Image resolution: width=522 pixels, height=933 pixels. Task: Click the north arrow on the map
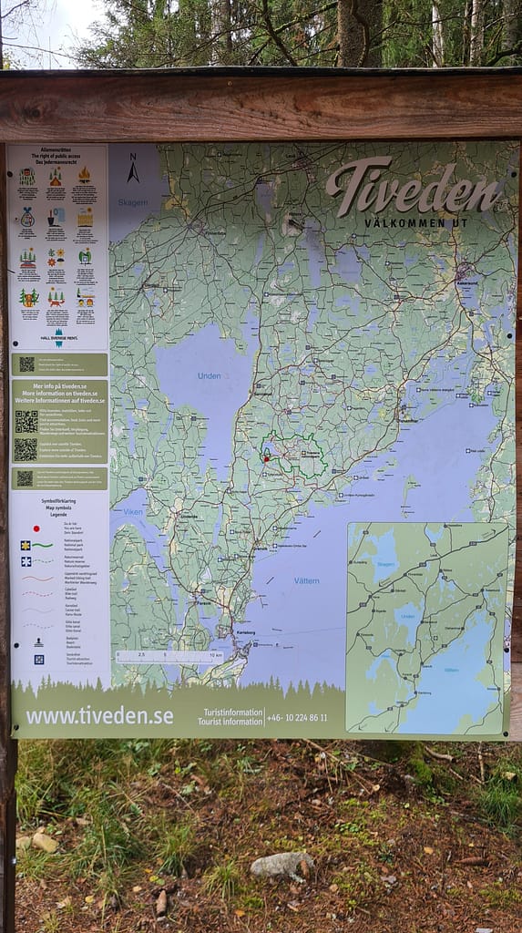pos(133,169)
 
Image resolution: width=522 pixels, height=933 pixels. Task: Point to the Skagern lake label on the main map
pos(131,202)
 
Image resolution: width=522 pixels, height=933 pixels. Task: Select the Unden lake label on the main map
pos(210,376)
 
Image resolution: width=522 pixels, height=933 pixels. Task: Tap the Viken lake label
pos(133,512)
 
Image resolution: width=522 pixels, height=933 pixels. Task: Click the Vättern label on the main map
pos(307,579)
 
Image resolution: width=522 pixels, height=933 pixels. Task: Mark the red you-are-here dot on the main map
pos(266,458)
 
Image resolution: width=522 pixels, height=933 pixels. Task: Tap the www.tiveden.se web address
pos(99,715)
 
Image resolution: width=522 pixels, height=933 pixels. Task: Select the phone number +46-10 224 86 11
pos(297,718)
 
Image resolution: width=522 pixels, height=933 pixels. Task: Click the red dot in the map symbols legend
pos(36,528)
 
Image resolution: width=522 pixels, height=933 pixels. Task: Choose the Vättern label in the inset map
pos(449,670)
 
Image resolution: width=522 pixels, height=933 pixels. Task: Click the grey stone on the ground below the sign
pos(281,865)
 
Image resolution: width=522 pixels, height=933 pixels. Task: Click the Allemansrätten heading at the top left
pos(57,151)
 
